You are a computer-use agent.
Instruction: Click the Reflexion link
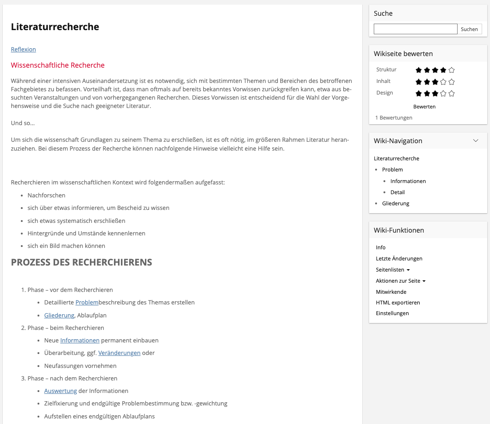tap(23, 50)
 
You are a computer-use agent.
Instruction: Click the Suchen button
tap(469, 29)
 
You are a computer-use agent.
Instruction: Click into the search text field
tap(415, 29)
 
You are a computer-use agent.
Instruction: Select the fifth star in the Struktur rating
tap(452, 70)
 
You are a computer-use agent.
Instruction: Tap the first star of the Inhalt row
tap(419, 82)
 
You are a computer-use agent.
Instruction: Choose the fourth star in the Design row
tap(443, 93)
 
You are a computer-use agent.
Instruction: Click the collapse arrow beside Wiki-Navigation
tap(475, 141)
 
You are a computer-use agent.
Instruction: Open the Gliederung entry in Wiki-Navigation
tap(396, 203)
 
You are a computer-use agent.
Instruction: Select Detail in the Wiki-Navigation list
tap(397, 192)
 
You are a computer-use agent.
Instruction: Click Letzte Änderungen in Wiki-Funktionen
tap(399, 259)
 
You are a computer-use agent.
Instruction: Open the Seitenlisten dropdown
tap(392, 270)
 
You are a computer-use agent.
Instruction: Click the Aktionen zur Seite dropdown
tap(400, 281)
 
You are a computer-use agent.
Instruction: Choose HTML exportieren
tap(397, 303)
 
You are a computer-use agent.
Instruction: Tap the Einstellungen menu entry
tap(392, 313)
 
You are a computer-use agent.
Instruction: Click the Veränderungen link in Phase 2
tap(119, 353)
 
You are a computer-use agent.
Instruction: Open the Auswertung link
tap(60, 391)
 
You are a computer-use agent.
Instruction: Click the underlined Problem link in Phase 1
tap(87, 303)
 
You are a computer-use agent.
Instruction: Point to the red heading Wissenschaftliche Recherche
tap(57, 65)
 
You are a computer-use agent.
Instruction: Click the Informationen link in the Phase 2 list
tap(80, 341)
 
